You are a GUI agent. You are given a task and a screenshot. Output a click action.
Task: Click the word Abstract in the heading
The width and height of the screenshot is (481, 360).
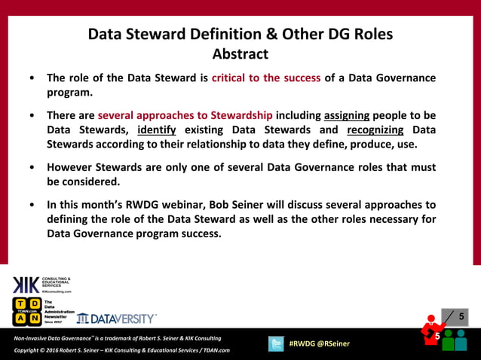point(240,54)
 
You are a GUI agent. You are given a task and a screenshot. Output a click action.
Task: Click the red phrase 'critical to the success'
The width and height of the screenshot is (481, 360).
point(266,78)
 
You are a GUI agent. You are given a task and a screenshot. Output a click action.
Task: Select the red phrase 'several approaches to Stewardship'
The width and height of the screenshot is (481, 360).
point(185,116)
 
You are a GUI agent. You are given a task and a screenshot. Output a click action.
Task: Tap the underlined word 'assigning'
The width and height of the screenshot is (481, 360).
point(347,116)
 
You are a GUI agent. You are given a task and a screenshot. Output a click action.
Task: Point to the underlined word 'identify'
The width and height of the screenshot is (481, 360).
point(158,130)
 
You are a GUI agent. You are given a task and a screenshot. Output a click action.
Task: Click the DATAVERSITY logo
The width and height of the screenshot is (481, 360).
point(117,318)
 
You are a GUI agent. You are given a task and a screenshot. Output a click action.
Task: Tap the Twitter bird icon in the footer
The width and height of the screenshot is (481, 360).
point(276,343)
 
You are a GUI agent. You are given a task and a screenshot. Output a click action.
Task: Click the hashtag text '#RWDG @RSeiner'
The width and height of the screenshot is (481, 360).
point(320,344)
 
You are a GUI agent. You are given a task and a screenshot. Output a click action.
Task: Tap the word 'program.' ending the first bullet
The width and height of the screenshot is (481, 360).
point(69,93)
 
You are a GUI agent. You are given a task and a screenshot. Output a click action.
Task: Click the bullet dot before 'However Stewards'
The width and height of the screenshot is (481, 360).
point(30,168)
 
